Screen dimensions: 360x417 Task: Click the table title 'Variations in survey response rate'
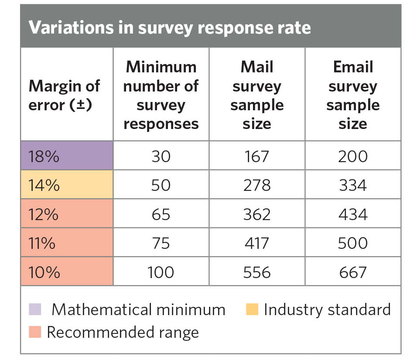click(x=170, y=27)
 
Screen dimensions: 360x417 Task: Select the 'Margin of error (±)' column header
click(x=64, y=95)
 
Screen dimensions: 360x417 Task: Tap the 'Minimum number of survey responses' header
click(x=161, y=95)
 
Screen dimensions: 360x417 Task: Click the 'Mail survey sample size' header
click(x=257, y=95)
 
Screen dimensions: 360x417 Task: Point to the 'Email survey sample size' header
click(x=353, y=95)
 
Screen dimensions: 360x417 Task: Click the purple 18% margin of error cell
click(x=66, y=156)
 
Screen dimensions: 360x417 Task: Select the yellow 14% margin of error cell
click(x=66, y=185)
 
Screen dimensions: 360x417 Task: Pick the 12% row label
click(x=44, y=214)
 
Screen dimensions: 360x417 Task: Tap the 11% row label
click(x=42, y=243)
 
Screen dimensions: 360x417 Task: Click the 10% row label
click(x=44, y=272)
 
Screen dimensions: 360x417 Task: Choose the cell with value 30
click(x=161, y=156)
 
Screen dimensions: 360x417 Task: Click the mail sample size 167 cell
click(x=257, y=156)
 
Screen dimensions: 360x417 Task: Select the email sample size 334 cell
click(x=353, y=185)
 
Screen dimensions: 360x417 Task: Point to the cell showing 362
click(x=257, y=214)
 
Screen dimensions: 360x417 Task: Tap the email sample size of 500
click(x=353, y=243)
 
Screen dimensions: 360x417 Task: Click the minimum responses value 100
click(x=161, y=272)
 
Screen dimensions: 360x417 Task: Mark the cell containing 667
click(x=353, y=272)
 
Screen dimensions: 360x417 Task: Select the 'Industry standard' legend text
click(x=327, y=309)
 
